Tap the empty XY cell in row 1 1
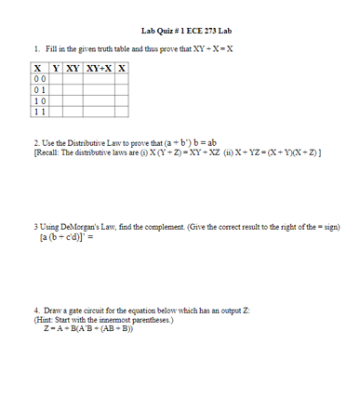(x=69, y=112)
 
